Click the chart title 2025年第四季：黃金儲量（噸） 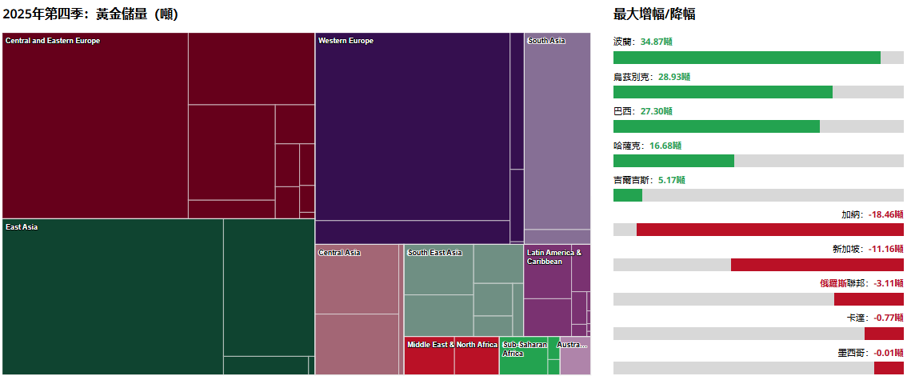[x=90, y=14]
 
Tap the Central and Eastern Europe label [x=53, y=41]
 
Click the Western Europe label [x=346, y=41]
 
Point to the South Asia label [x=546, y=41]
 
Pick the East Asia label [x=22, y=227]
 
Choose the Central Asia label [x=339, y=253]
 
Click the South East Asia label [x=434, y=253]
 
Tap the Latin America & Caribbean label [x=554, y=257]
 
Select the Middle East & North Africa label [x=452, y=345]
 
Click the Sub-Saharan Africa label [x=524, y=349]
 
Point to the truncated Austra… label [x=572, y=345]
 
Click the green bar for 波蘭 [x=746, y=58]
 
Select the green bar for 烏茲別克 [x=722, y=92]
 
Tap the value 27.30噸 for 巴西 [x=656, y=110]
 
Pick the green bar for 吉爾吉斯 [x=627, y=195]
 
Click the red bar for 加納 [x=769, y=230]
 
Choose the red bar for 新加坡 [x=817, y=265]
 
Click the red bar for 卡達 [x=883, y=334]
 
